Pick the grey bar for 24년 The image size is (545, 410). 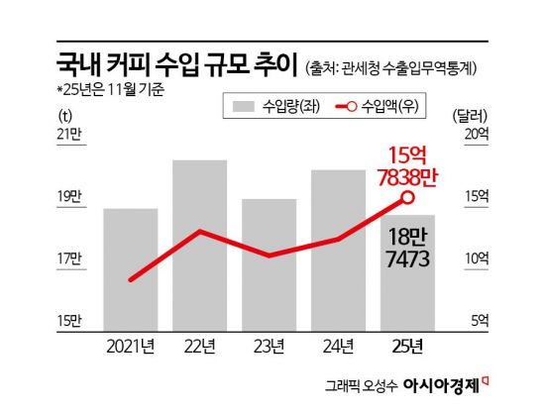click(338, 248)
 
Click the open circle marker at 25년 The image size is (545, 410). click(407, 199)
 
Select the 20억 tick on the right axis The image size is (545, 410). click(477, 135)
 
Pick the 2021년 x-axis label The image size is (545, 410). click(130, 346)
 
